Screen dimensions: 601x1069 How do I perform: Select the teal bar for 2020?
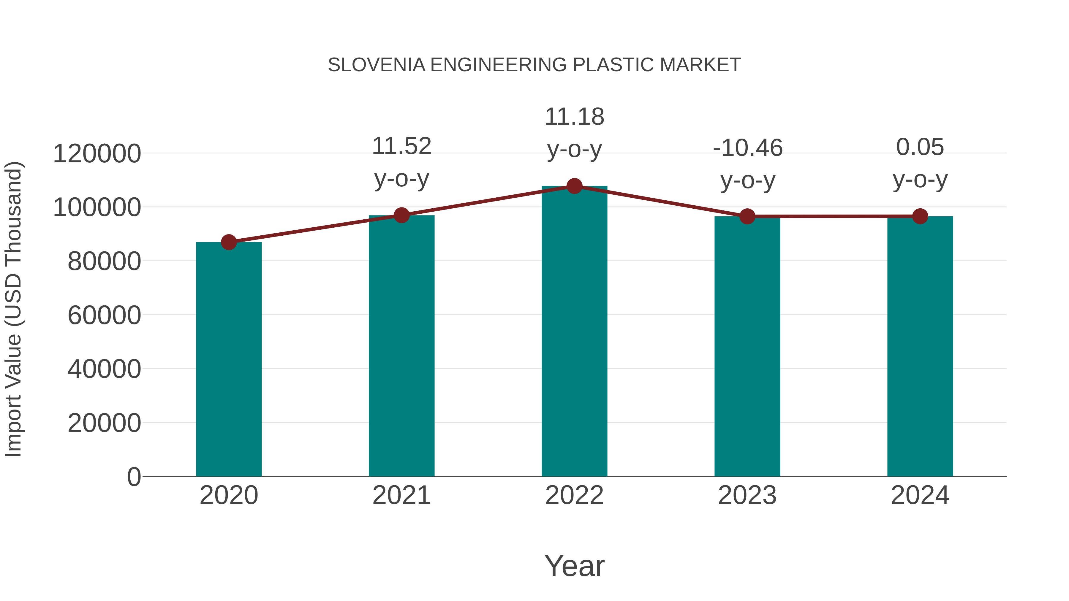229,359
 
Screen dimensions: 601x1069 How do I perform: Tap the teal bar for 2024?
920,346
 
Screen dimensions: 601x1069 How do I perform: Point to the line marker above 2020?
229,242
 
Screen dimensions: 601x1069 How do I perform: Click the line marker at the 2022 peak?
574,186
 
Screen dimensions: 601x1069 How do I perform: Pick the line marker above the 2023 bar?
747,217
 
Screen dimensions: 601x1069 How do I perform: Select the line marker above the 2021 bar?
401,215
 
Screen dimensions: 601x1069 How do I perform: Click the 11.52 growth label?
401,146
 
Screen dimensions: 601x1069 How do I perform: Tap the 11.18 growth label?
574,117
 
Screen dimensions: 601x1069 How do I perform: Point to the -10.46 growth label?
747,148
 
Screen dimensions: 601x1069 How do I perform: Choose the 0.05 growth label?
920,147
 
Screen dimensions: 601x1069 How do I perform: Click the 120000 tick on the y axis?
97,154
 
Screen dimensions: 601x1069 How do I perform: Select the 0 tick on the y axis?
134,477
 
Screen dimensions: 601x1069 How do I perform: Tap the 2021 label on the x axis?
401,495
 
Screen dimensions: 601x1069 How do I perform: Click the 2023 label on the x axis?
747,495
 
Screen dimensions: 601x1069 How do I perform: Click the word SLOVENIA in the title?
377,65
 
